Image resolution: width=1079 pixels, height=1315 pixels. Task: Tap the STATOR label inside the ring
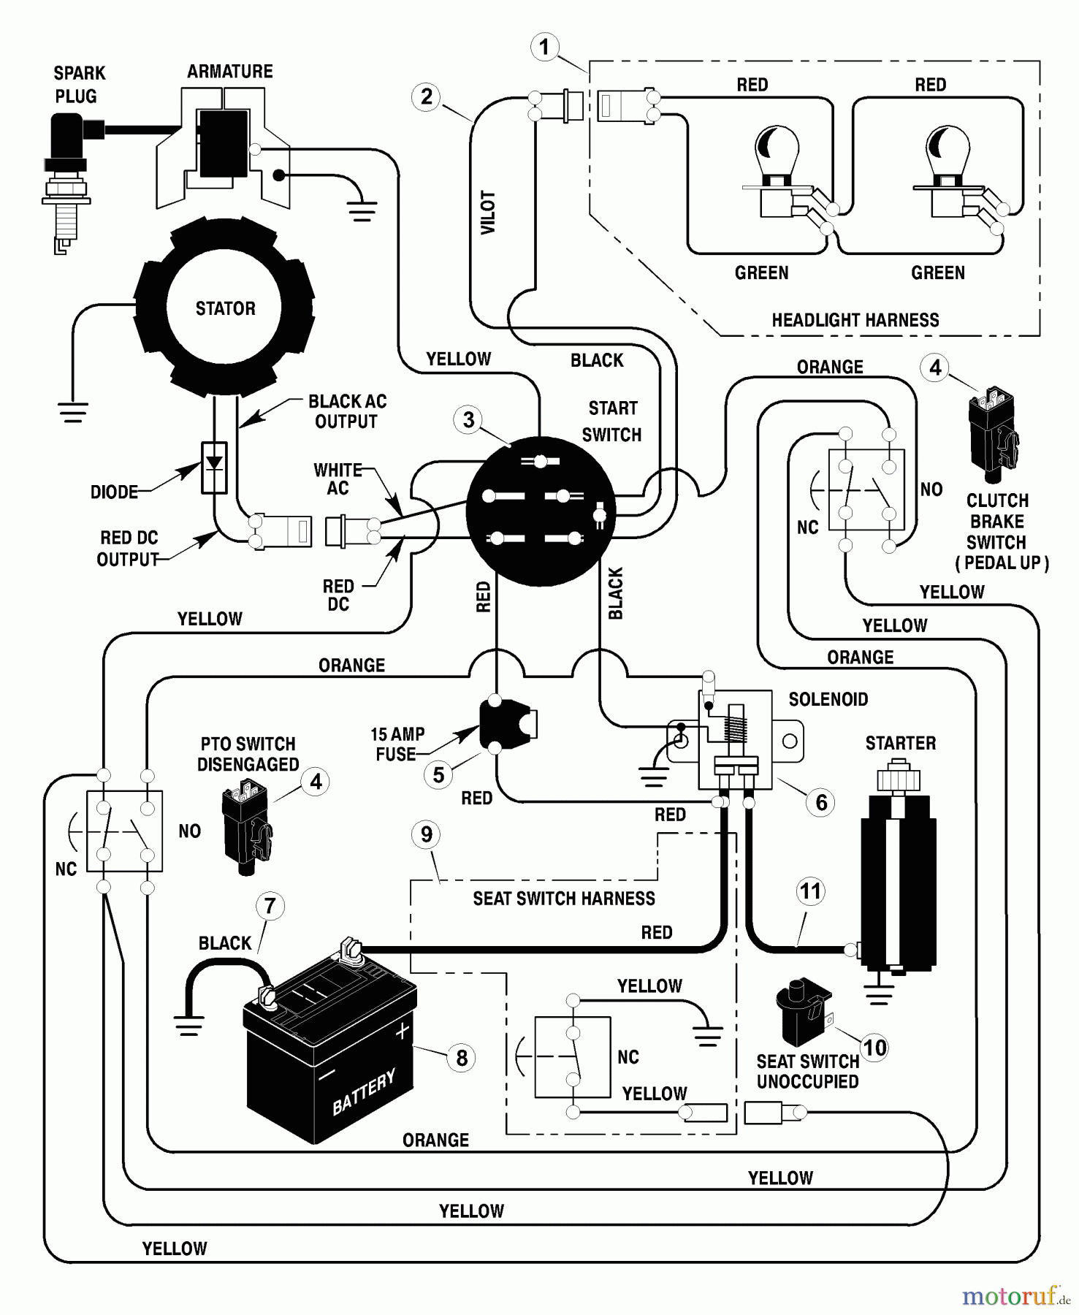pyautogui.click(x=225, y=308)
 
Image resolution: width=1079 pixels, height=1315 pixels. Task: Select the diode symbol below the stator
pyautogui.click(x=214, y=466)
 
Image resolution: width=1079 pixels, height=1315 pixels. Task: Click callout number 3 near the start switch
pyautogui.click(x=468, y=420)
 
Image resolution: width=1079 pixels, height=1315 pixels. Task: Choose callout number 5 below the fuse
pyautogui.click(x=438, y=775)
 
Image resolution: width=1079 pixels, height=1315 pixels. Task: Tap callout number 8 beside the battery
pyautogui.click(x=461, y=1058)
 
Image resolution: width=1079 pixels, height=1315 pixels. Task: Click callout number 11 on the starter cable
pyautogui.click(x=810, y=891)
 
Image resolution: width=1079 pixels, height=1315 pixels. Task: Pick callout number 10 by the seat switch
pyautogui.click(x=874, y=1048)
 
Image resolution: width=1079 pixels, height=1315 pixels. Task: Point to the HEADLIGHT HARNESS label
pyautogui.click(x=855, y=320)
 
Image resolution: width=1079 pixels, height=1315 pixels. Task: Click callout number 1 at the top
pyautogui.click(x=544, y=48)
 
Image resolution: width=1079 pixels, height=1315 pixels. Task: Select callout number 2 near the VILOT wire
pyautogui.click(x=427, y=97)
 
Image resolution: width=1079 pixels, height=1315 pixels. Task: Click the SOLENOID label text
pyautogui.click(x=828, y=699)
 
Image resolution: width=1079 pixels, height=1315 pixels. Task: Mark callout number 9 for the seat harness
pyautogui.click(x=427, y=834)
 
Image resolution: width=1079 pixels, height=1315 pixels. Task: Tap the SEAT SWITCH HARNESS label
pyautogui.click(x=563, y=899)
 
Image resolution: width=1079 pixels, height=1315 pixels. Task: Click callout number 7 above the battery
pyautogui.click(x=270, y=906)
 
